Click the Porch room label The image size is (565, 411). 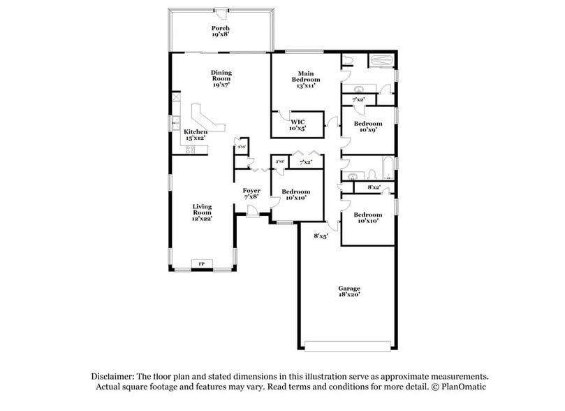(221, 29)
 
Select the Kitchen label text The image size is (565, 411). (196, 132)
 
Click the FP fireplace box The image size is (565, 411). (203, 264)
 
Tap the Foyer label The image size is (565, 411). (251, 191)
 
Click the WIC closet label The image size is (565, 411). (298, 122)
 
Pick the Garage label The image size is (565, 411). (350, 288)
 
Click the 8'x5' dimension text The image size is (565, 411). (321, 236)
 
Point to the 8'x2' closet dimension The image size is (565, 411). (374, 187)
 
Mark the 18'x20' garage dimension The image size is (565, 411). (350, 296)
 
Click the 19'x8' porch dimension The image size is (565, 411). (221, 34)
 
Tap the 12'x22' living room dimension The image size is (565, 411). (203, 219)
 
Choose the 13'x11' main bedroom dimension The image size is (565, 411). (305, 85)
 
